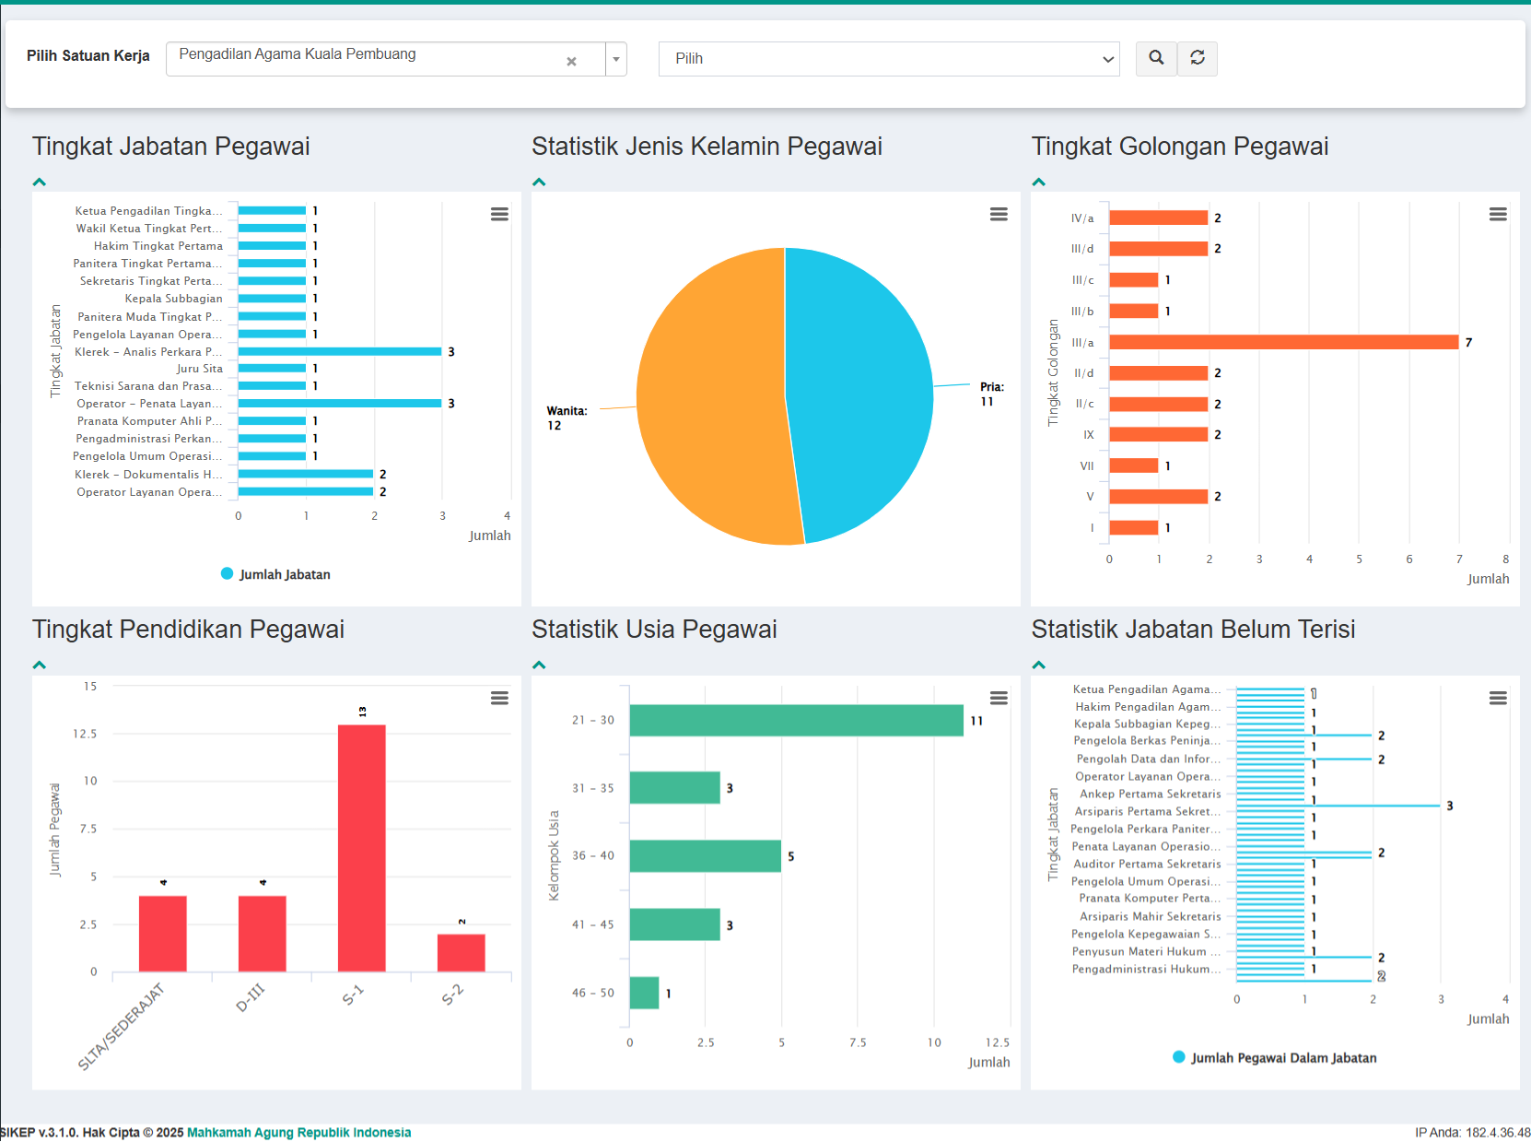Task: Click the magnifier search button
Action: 1156,58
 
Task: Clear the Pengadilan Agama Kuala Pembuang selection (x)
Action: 571,61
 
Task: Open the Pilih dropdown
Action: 888,59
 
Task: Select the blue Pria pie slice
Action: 857,387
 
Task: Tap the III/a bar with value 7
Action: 1283,342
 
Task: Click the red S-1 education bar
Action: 361,848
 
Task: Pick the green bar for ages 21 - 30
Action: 796,720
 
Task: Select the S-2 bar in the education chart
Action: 461,953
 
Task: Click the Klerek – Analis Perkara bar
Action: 339,351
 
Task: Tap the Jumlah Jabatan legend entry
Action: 275,574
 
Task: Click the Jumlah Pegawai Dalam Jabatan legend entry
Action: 1275,1058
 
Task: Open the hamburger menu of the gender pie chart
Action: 999,214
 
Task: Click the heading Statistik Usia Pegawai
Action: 654,630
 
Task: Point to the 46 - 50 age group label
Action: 592,993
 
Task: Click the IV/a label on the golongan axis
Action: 1082,218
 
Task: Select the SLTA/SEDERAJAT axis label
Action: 121,1027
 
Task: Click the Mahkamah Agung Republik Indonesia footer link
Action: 298,1133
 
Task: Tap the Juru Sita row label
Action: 200,369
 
